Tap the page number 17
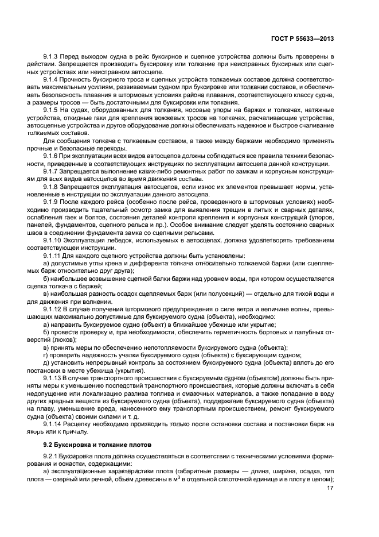330,488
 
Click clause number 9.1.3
52,57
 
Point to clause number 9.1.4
52,78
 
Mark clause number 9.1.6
52,156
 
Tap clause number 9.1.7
52,171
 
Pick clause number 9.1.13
53,378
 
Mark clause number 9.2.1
52,456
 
